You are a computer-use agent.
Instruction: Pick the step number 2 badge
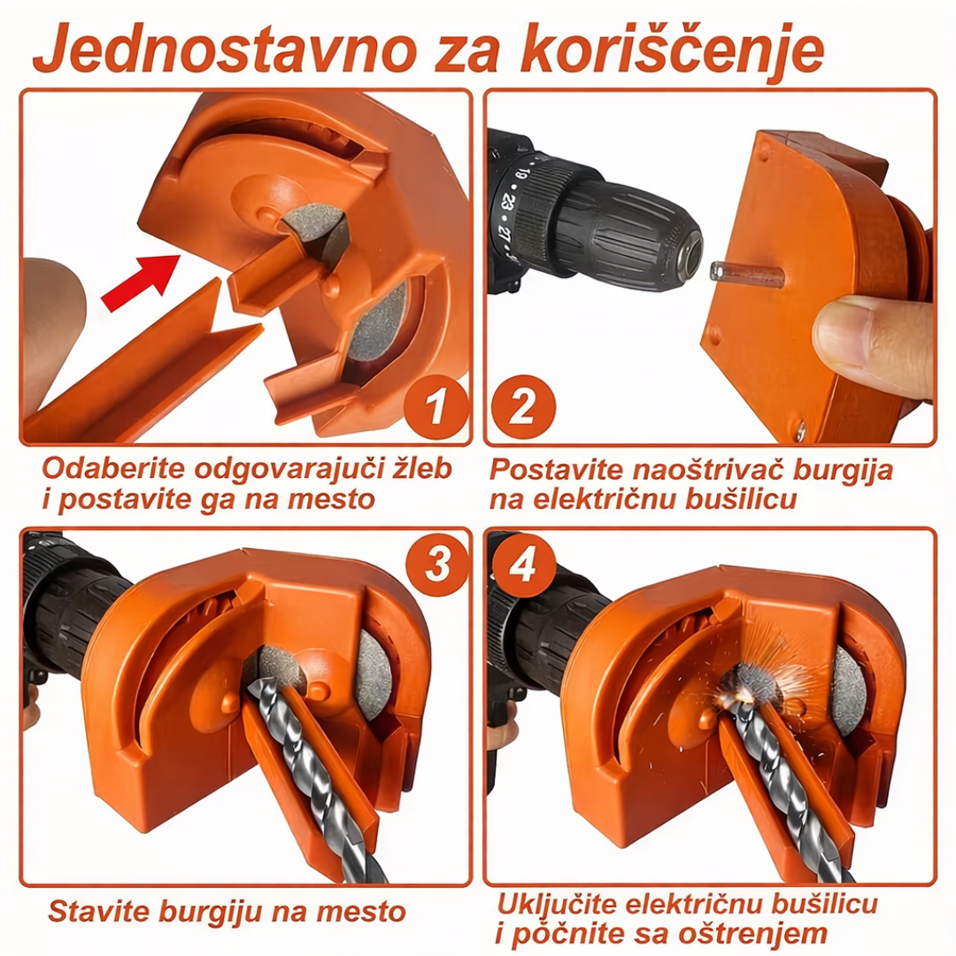(x=522, y=408)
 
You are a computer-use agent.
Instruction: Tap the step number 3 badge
(x=437, y=564)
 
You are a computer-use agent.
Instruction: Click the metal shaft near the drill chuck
(x=747, y=274)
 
